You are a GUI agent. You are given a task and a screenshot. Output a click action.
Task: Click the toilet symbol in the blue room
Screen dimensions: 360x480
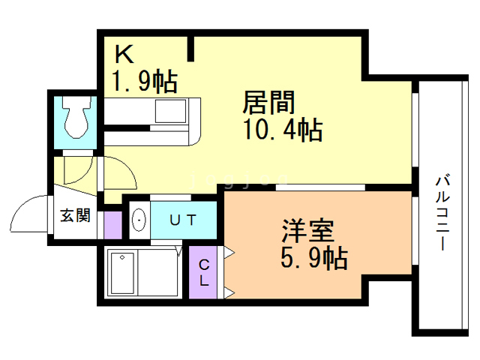75,118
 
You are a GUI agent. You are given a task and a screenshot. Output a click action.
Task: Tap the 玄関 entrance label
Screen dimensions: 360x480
75,216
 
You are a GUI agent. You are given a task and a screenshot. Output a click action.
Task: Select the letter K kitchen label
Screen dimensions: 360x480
124,54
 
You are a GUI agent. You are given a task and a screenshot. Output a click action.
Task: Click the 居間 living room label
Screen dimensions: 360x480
268,103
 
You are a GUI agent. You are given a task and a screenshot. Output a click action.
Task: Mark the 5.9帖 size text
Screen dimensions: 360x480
313,258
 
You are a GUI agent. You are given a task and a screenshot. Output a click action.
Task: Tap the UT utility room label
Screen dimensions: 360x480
182,220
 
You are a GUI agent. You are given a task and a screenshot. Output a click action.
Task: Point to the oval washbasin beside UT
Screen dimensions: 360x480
139,220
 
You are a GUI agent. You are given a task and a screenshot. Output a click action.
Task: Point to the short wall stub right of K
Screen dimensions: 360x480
192,49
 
